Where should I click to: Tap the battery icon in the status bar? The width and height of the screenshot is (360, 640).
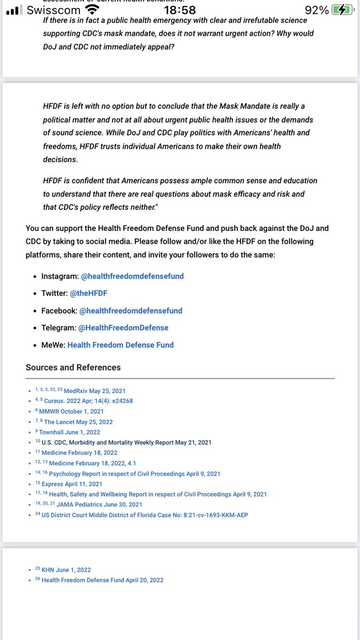coord(342,10)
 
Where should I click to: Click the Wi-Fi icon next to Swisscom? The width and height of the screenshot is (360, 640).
coord(92,10)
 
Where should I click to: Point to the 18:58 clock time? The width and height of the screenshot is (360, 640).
coord(180,10)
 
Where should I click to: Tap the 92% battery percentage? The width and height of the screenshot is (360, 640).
coord(317,10)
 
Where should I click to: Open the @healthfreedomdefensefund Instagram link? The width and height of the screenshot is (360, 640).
coord(132,276)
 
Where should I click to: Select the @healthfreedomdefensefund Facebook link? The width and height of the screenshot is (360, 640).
coord(131,310)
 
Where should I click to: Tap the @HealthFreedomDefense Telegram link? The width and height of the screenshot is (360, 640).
coord(123,327)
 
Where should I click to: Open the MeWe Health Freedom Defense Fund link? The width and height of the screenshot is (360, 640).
coord(121,345)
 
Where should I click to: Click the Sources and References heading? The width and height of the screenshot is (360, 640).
coord(73,367)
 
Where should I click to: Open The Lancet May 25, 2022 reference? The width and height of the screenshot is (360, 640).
coord(78,422)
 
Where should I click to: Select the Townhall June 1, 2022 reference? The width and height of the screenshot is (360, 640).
coord(69,432)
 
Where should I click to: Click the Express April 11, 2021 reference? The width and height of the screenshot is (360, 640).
coord(72,484)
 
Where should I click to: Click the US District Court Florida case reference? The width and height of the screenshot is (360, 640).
coord(145,515)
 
